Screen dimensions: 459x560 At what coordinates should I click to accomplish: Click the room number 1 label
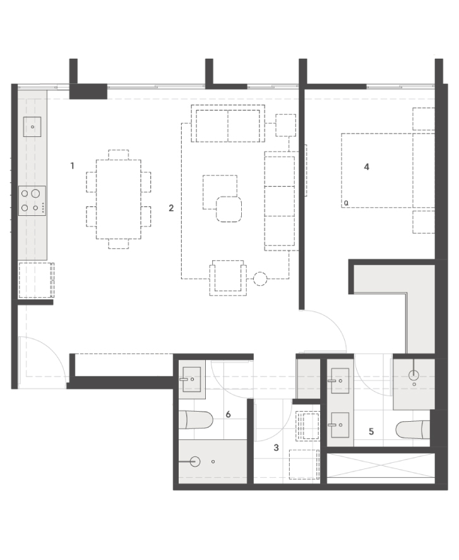(x=72, y=165)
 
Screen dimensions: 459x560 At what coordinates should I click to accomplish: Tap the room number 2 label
(x=171, y=208)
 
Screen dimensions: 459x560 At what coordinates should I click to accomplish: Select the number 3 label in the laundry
(x=276, y=448)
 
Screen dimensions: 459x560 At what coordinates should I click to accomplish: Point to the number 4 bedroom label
(x=366, y=167)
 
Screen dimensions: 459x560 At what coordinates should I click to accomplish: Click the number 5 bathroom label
(x=371, y=431)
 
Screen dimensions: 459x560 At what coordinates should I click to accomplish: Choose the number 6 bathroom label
(x=229, y=414)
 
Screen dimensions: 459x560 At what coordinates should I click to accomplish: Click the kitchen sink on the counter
(x=32, y=127)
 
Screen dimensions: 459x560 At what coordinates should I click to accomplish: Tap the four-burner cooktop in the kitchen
(x=32, y=201)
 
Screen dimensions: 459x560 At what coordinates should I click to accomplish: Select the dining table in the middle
(x=119, y=200)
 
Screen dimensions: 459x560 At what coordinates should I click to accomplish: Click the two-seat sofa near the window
(x=228, y=124)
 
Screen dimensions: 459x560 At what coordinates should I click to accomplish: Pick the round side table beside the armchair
(x=260, y=278)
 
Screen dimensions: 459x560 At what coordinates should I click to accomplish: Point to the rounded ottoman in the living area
(x=229, y=209)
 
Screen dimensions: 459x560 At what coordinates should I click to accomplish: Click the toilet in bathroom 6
(x=195, y=420)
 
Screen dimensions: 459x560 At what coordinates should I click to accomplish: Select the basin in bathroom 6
(x=191, y=379)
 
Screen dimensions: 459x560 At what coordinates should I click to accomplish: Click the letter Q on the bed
(x=346, y=203)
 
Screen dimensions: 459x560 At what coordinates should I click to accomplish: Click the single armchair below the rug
(x=228, y=278)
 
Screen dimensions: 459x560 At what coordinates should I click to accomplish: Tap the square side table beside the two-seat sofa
(x=286, y=125)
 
